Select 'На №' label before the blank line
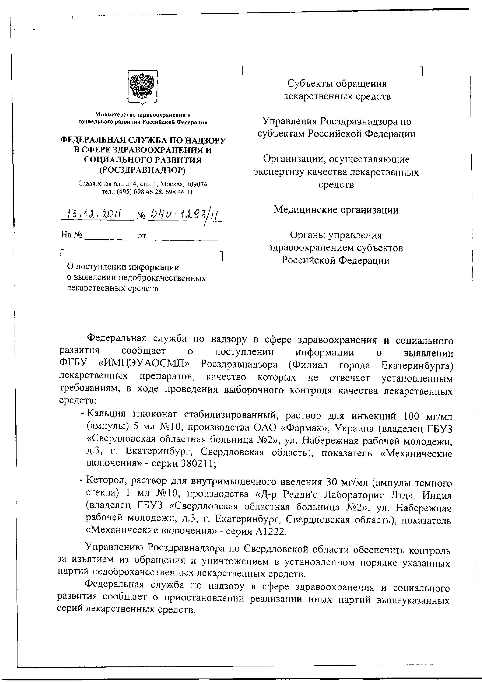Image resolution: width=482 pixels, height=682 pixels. [x=72, y=235]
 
